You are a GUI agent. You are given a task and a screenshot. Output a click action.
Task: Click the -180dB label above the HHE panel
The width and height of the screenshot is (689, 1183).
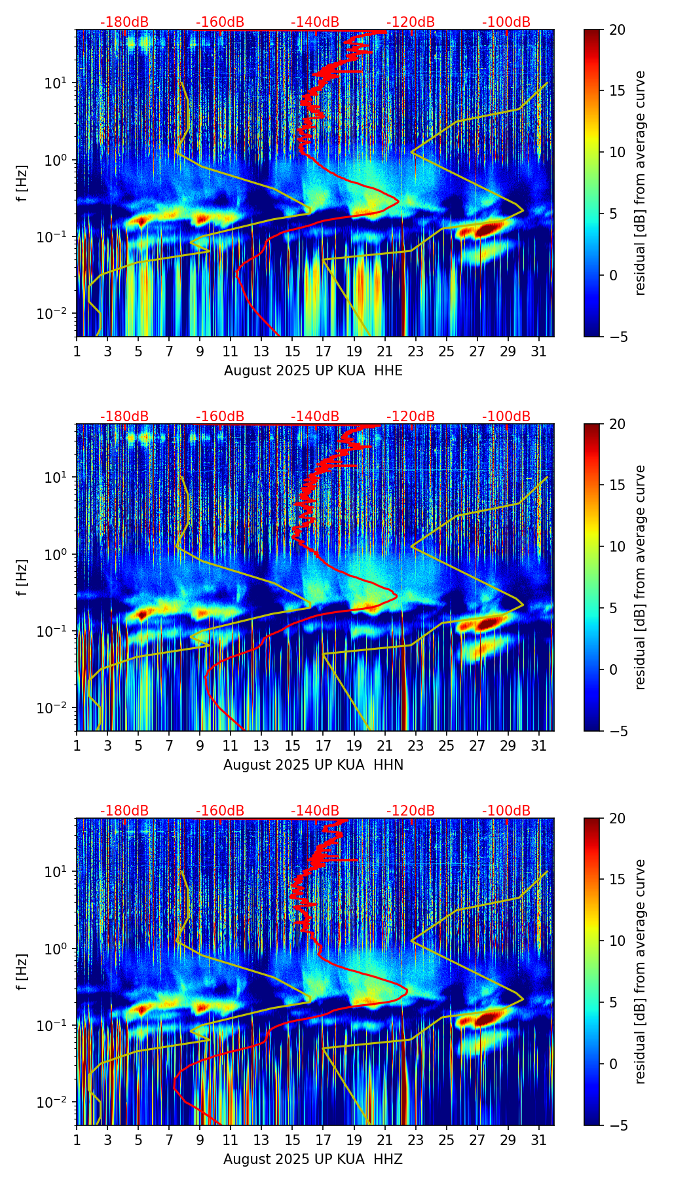(124, 22)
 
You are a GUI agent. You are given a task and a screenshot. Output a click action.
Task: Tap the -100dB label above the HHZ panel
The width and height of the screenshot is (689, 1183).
(506, 811)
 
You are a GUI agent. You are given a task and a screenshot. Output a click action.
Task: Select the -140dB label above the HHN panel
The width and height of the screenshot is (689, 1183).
(315, 417)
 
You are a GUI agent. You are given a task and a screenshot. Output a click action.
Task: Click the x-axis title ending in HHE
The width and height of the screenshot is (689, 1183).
(313, 371)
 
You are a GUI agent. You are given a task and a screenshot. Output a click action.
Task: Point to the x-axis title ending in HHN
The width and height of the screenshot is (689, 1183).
(313, 765)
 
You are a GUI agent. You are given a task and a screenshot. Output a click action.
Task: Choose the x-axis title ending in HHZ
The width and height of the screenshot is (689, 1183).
(313, 1159)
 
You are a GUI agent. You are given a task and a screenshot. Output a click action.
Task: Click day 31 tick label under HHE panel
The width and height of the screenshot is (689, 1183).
(538, 352)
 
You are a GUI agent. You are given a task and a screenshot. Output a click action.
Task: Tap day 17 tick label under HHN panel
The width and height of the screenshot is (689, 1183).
(324, 746)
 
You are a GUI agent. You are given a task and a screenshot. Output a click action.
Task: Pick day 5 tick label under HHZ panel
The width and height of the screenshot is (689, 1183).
(138, 1140)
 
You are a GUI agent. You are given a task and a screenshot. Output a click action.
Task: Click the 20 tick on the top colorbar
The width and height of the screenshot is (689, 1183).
(617, 29)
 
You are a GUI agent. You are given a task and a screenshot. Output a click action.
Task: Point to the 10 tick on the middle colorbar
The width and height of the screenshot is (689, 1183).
(617, 546)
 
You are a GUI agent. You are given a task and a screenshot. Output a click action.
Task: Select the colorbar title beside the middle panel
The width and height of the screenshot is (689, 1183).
(640, 577)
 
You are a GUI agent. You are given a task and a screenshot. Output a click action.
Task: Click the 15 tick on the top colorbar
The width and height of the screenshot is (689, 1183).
(617, 90)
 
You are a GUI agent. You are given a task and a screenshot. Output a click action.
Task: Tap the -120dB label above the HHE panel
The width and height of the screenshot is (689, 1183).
(411, 22)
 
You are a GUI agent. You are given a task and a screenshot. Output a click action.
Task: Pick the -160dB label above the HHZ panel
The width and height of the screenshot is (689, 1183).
(220, 811)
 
